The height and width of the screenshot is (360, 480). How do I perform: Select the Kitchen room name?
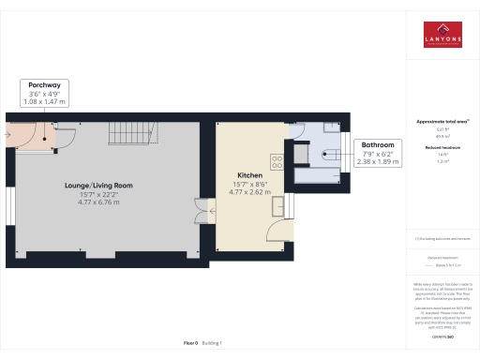click(248, 175)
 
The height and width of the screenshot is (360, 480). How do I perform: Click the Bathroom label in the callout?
click(379, 145)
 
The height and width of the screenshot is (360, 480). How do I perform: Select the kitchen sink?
click(279, 204)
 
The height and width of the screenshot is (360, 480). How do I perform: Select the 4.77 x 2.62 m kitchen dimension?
click(248, 191)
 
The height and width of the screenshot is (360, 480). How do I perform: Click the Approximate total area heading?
click(442, 123)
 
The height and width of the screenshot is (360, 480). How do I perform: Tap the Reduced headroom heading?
click(442, 148)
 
